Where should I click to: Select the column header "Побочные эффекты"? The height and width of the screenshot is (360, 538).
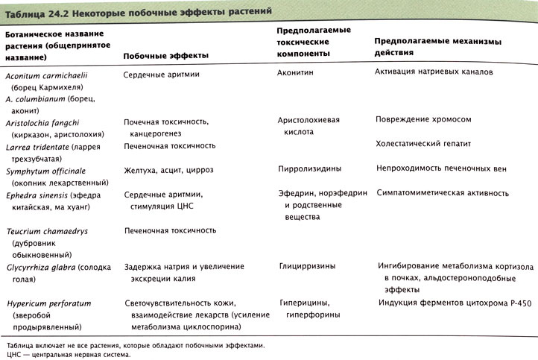pos(165,56)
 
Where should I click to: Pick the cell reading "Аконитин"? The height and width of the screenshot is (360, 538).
pos(299,74)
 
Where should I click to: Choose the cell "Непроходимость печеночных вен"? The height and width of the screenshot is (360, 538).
pos(442,169)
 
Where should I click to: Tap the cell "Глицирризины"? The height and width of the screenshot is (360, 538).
pos(308,265)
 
